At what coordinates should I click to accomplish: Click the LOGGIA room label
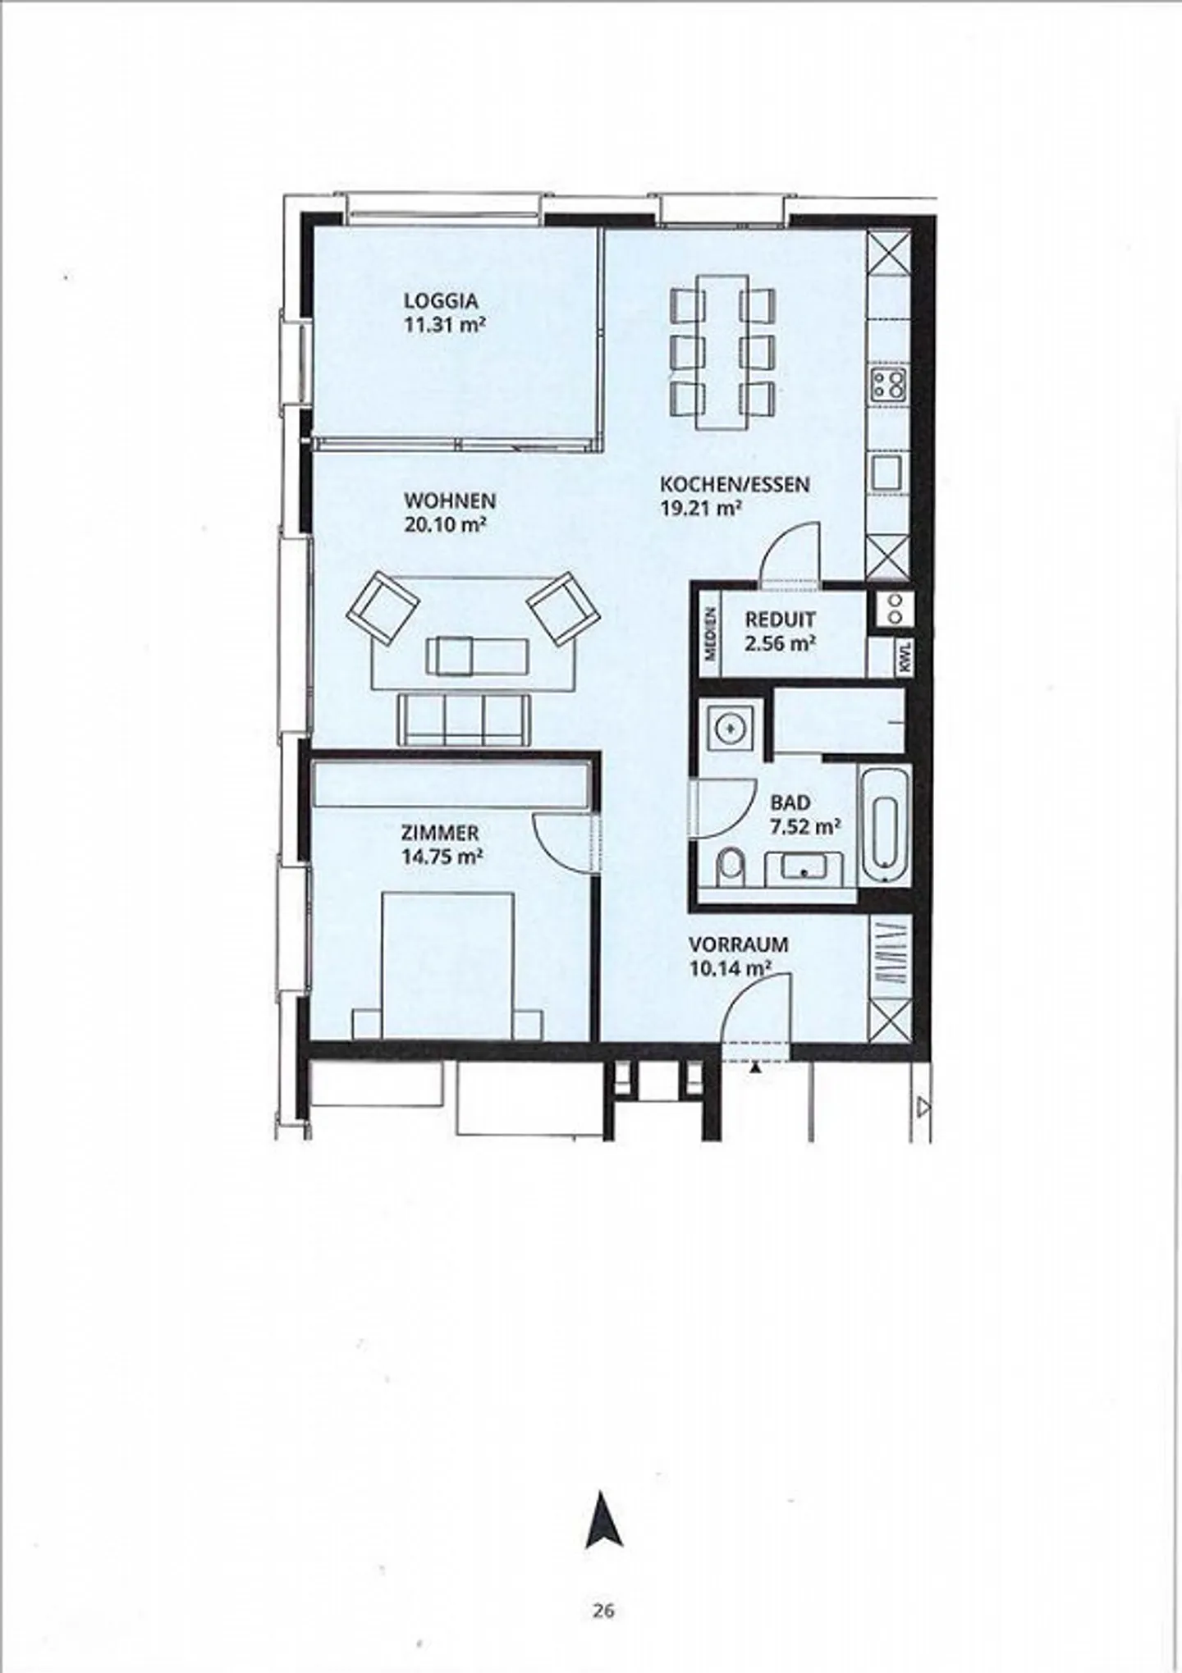[x=440, y=301]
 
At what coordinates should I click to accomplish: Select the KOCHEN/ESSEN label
[x=735, y=484]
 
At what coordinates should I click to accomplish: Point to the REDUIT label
[x=780, y=619]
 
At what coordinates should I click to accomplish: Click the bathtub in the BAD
[x=885, y=824]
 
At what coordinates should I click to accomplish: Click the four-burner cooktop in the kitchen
[x=888, y=384]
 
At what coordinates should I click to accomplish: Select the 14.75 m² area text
[x=441, y=857]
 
